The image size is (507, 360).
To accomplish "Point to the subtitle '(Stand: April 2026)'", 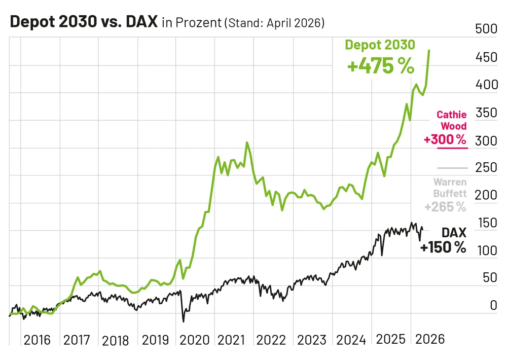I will pyautogui.click(x=274, y=23).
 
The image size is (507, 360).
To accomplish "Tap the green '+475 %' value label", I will pyautogui.click(x=380, y=66).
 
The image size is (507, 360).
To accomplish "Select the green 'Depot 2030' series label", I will pyautogui.click(x=380, y=45).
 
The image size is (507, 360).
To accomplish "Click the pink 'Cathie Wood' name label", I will pyautogui.click(x=452, y=121).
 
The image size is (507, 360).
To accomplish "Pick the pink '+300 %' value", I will pyautogui.click(x=445, y=139).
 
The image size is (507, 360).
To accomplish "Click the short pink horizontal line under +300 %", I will pyautogui.click(x=445, y=148).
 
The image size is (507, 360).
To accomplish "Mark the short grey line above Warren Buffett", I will pyautogui.click(x=451, y=168).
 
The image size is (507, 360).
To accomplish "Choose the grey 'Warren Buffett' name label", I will pyautogui.click(x=450, y=188).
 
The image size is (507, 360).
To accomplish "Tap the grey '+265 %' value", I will pyautogui.click(x=445, y=207).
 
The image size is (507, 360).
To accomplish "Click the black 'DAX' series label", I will pyautogui.click(x=454, y=233).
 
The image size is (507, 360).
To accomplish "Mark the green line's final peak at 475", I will pyautogui.click(x=430, y=51).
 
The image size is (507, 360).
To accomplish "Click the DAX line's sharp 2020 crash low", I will pyautogui.click(x=183, y=321).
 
